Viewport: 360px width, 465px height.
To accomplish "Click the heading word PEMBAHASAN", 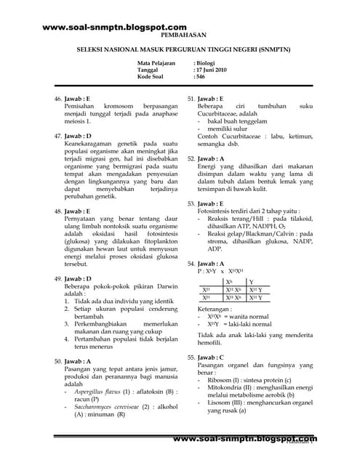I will click(x=179, y=34).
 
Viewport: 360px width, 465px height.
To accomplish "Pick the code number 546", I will click(x=201, y=77).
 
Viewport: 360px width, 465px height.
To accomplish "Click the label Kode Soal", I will click(x=152, y=77).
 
